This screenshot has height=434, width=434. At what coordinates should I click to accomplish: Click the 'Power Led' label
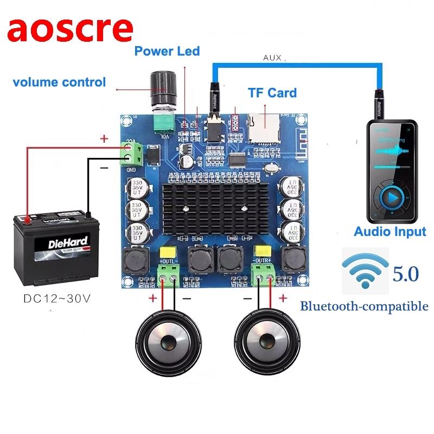point(167,52)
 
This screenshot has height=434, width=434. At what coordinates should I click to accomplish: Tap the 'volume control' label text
point(59,82)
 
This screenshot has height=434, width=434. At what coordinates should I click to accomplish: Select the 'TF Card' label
point(272,92)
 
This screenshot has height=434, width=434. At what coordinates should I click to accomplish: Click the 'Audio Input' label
point(390,232)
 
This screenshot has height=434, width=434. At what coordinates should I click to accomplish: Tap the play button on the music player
point(390,199)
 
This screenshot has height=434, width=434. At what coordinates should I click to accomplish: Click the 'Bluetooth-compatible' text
point(364,306)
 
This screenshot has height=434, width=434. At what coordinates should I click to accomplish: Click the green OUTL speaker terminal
point(169,276)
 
